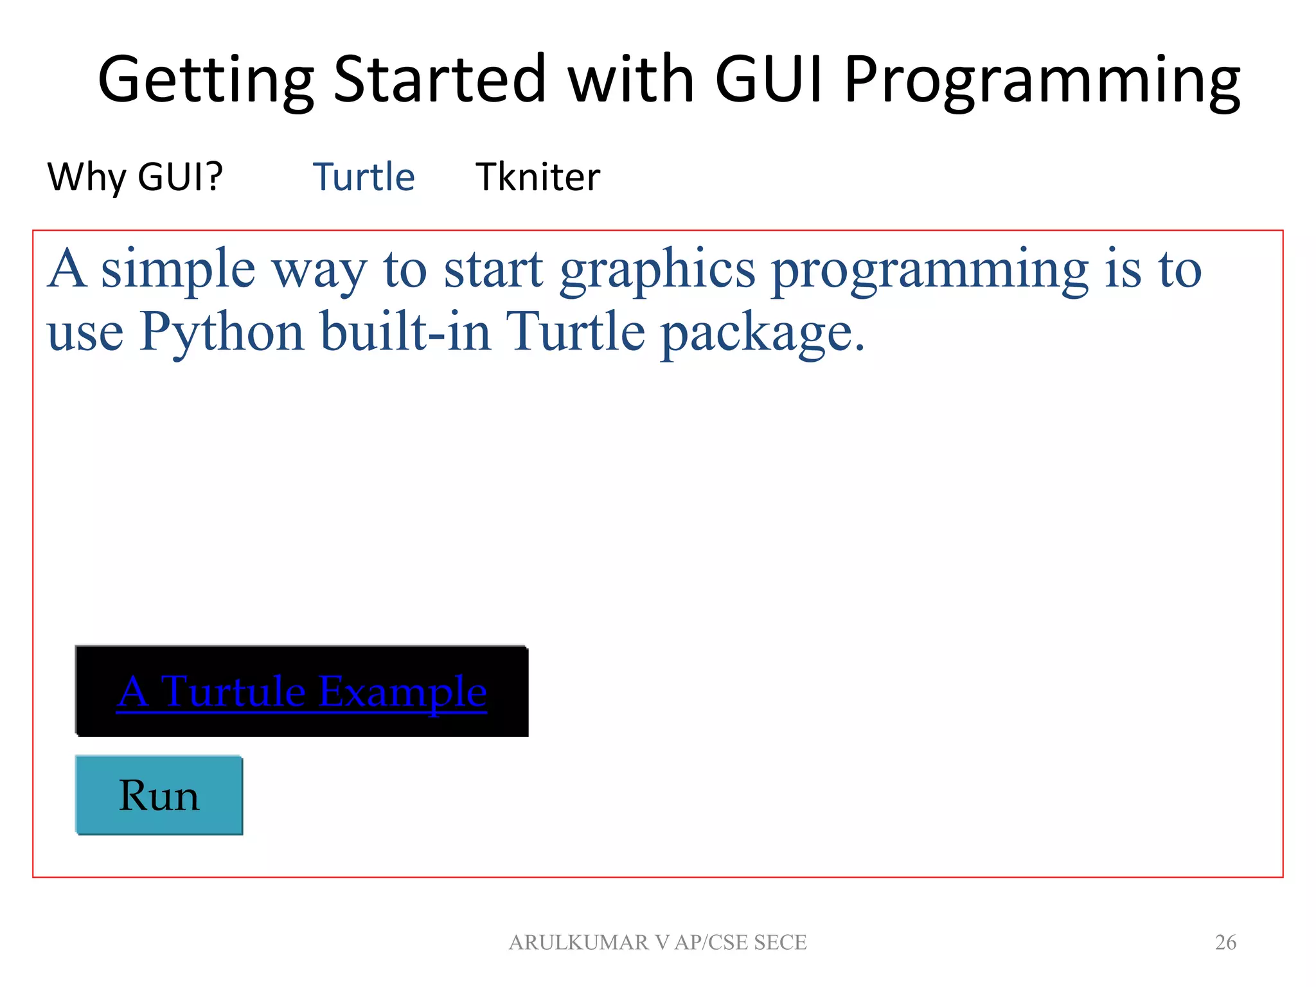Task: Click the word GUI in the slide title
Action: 769,80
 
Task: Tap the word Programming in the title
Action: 1042,81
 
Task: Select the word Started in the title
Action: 440,80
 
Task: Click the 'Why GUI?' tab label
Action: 135,177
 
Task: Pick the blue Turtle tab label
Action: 364,177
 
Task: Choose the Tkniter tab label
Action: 538,177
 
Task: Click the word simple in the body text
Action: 178,270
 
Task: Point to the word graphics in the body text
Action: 657,270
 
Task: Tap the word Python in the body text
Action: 222,333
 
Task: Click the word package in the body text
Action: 763,333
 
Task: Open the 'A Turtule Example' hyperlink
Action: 301,692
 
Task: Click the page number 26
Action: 1225,942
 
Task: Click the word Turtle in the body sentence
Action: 575,332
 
